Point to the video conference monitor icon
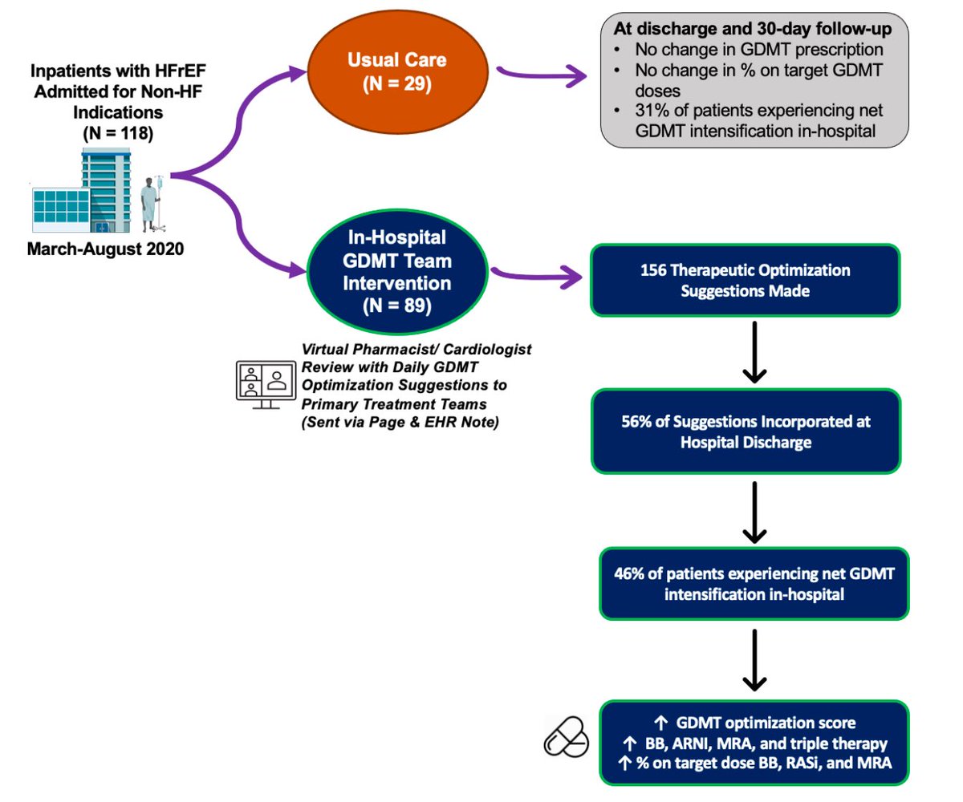(x=264, y=382)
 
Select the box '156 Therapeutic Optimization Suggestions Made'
(x=745, y=280)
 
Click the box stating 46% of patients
(x=754, y=584)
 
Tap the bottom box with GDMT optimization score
(x=754, y=743)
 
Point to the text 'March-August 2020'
(x=105, y=249)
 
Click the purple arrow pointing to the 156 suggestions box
(x=538, y=277)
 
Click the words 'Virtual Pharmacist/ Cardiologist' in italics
(x=416, y=350)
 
